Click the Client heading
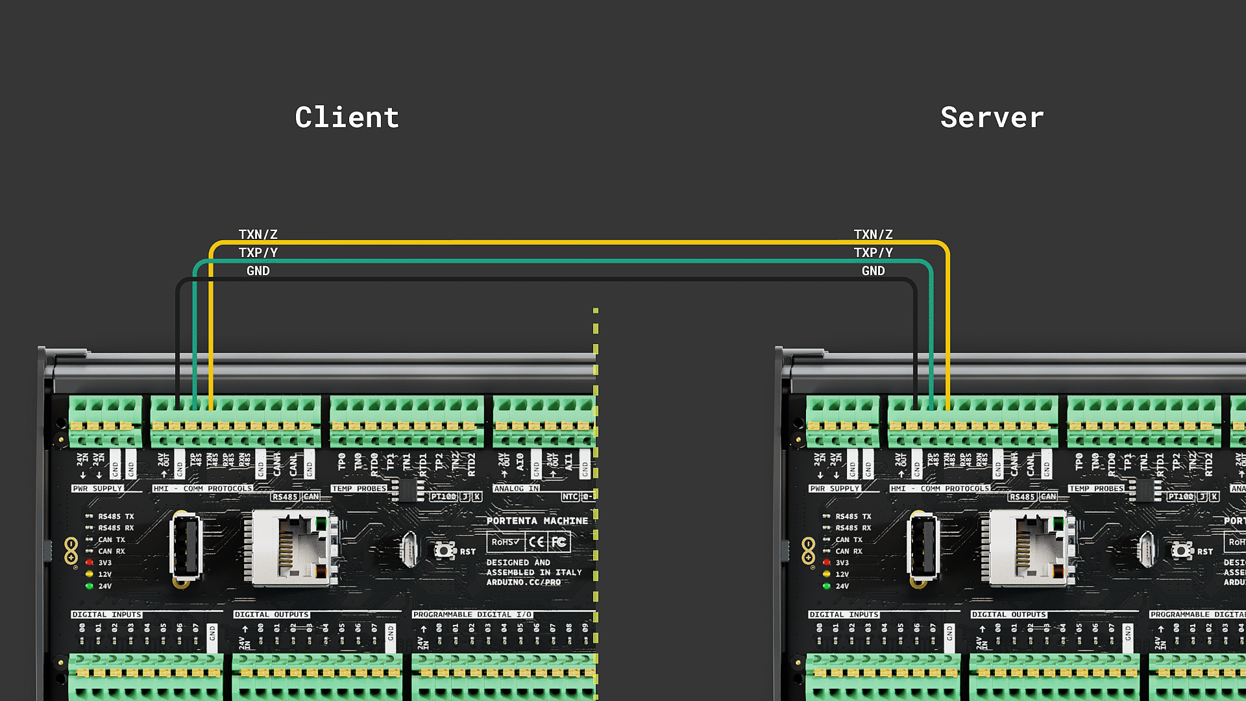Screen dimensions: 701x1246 point(347,117)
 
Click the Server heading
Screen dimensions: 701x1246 point(992,117)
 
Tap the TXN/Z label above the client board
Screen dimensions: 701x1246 point(258,234)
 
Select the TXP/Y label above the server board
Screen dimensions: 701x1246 point(873,252)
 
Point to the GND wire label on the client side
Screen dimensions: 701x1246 point(258,271)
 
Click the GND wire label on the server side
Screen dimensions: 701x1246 point(873,271)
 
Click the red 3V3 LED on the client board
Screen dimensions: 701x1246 point(90,562)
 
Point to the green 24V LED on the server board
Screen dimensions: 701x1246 point(826,585)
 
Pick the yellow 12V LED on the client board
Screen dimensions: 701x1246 point(90,574)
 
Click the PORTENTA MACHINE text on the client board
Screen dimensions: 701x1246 point(537,521)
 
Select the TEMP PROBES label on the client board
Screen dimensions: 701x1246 point(359,489)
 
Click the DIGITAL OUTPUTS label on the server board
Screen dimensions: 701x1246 point(1008,614)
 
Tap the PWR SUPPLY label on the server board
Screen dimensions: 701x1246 point(835,489)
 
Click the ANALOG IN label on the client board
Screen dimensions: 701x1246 point(515,489)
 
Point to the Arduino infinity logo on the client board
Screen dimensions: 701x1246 point(71,550)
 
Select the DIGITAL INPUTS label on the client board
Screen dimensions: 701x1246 point(106,614)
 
